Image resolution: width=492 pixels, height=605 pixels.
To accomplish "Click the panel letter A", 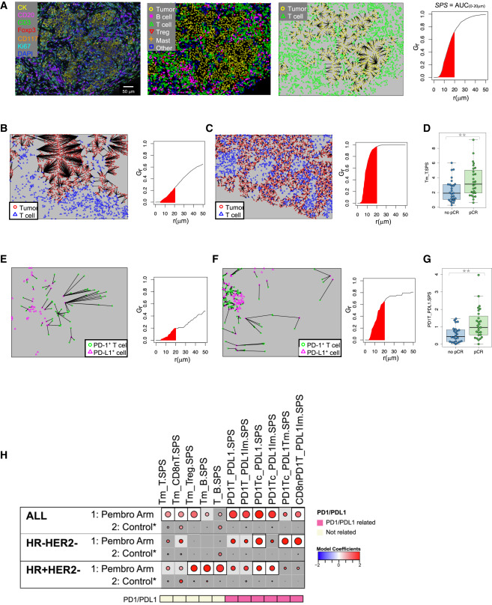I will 4,4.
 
